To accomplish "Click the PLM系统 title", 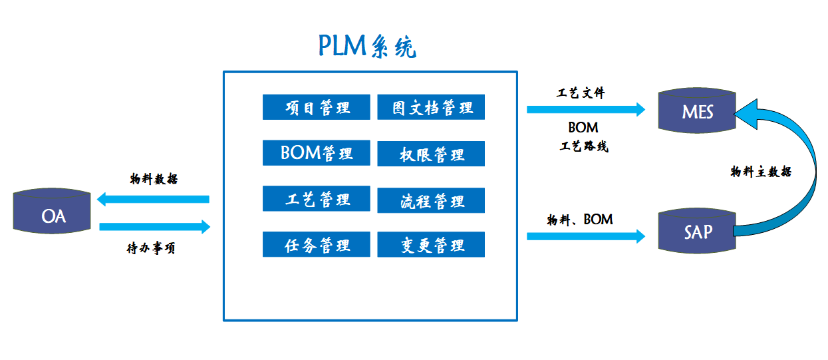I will click(x=368, y=45).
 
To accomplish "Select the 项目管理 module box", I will click(x=316, y=107).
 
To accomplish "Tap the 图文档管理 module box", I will click(x=431, y=107).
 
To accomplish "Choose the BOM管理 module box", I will click(x=316, y=153).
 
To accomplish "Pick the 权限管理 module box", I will click(x=431, y=154).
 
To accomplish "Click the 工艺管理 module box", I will click(x=316, y=199).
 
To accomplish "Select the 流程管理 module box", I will click(x=431, y=200).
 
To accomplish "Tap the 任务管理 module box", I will click(x=316, y=244).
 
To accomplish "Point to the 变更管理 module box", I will click(x=431, y=245).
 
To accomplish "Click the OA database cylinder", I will click(x=53, y=212).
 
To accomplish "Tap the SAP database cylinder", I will click(x=697, y=230).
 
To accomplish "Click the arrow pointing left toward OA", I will click(x=152, y=199).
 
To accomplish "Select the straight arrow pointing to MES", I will click(x=586, y=109).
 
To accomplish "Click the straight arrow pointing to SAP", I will click(x=586, y=236).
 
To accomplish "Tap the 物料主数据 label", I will click(x=761, y=172).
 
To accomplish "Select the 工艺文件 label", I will click(x=581, y=93).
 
